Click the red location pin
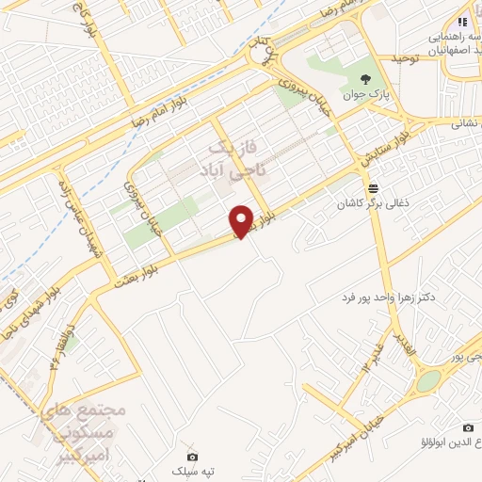[x=243, y=221]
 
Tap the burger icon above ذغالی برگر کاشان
[x=374, y=186]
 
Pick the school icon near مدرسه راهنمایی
[x=461, y=21]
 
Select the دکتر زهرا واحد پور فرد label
[x=390, y=297]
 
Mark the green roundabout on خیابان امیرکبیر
[x=428, y=380]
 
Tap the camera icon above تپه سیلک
[x=193, y=456]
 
